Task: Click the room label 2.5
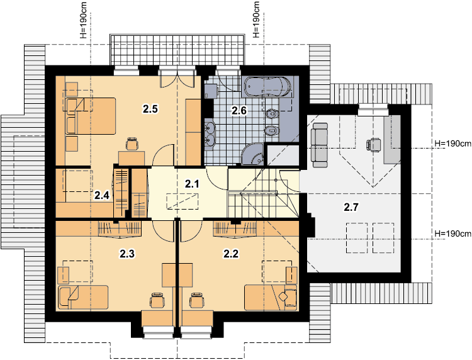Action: click(150, 109)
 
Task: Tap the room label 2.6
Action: click(239, 111)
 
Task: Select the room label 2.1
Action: click(192, 184)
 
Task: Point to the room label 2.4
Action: click(102, 196)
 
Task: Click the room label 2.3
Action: click(127, 254)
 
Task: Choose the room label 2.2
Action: click(231, 254)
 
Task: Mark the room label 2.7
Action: click(351, 208)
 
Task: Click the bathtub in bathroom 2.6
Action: click(268, 86)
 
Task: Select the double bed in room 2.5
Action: click(90, 116)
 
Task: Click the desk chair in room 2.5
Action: click(132, 143)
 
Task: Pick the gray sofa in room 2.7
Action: click(320, 145)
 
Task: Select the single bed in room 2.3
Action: click(82, 298)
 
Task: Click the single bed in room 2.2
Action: click(271, 298)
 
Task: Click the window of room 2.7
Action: click(373, 110)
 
